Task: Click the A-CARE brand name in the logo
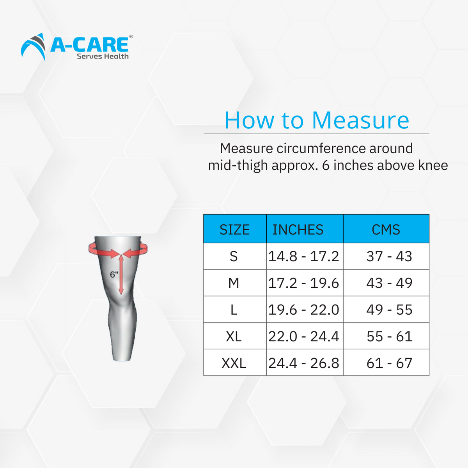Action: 90,44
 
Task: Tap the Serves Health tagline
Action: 103,57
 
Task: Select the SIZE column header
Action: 234,230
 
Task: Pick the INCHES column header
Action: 298,230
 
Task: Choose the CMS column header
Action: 386,230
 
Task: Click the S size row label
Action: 234,257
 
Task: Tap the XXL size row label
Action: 234,363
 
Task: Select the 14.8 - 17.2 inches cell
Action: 303,257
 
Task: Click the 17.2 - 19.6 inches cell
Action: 303,283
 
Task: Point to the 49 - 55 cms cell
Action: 389,310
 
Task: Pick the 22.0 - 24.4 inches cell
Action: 303,336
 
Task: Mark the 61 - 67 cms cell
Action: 389,363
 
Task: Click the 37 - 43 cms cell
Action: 389,257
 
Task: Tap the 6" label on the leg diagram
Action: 114,275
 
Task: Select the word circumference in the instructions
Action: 321,149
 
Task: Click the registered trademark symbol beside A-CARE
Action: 131,36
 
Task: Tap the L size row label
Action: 234,310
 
